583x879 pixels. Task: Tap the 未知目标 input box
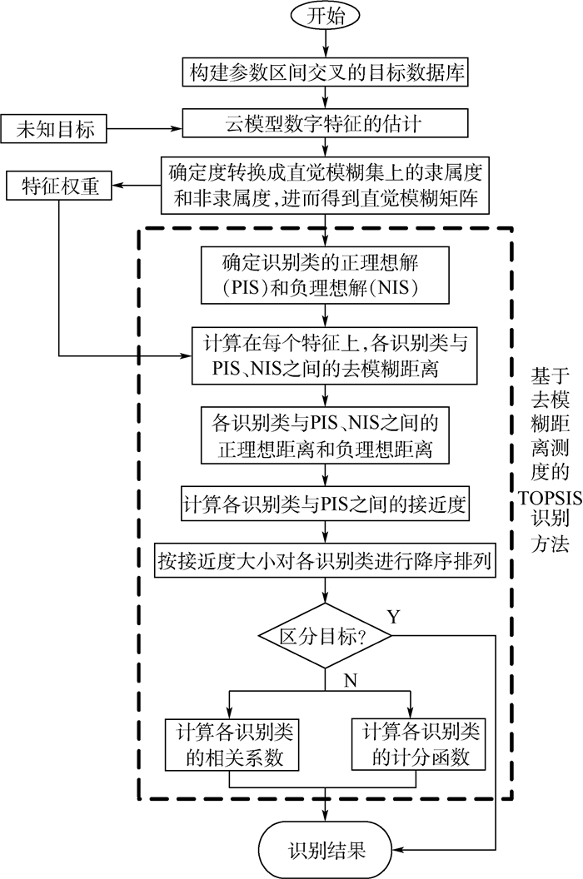[53, 129]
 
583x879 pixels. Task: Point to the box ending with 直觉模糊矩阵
[326, 187]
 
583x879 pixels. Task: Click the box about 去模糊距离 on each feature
[325, 355]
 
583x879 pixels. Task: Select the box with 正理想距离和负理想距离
[325, 435]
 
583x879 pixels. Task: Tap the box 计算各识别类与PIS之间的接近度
[325, 504]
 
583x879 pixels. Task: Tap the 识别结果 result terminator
[326, 850]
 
